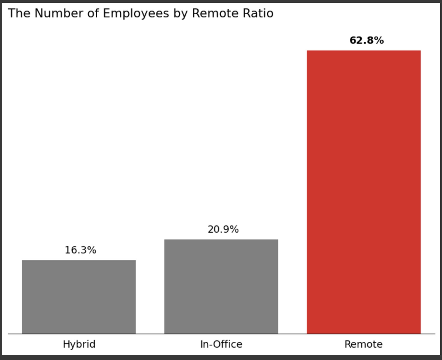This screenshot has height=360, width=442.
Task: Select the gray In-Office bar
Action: point(221,286)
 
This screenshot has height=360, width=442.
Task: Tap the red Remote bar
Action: point(363,192)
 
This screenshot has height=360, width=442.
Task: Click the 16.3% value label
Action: point(80,250)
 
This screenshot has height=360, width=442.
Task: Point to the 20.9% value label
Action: point(223,229)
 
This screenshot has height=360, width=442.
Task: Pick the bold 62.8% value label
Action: point(366,40)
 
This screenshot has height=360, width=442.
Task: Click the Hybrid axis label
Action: point(79,344)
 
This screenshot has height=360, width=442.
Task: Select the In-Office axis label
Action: point(221,344)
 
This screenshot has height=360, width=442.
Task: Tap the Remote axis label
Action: point(363,344)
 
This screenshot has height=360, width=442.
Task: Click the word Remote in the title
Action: point(215,13)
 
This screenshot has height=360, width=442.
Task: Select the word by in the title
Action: point(180,13)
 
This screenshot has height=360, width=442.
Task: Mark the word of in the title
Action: point(93,13)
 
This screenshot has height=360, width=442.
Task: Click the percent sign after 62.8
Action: point(379,40)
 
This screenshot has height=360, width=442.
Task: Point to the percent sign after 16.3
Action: point(91,250)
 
